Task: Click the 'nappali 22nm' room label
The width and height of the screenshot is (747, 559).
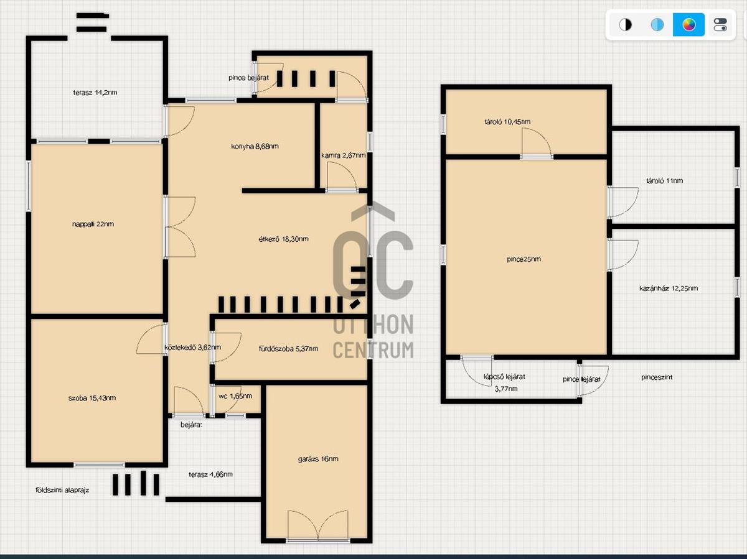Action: (93, 224)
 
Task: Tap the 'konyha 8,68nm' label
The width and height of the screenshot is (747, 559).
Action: (255, 147)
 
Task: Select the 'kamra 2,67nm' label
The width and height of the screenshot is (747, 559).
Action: (344, 155)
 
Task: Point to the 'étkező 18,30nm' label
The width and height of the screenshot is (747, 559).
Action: (283, 239)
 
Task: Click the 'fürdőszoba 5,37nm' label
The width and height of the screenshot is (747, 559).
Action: (289, 349)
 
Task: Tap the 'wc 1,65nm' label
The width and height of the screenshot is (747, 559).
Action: (235, 396)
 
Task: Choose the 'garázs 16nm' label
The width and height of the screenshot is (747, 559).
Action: (318, 459)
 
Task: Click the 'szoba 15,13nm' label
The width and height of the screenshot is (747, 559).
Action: (92, 398)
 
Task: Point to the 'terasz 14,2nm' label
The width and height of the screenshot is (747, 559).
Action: (95, 93)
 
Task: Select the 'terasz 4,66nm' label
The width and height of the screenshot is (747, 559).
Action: (210, 474)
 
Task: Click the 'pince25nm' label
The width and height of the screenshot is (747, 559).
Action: (524, 259)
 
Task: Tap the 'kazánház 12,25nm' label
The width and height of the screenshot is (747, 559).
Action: (669, 289)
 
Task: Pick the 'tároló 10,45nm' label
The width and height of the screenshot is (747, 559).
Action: (507, 122)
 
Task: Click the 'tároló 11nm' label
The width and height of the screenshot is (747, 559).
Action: (664, 181)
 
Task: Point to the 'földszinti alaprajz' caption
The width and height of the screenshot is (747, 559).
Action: (62, 490)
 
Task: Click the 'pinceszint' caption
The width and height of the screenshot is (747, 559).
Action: (657, 377)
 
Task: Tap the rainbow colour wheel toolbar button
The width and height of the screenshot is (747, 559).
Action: (688, 24)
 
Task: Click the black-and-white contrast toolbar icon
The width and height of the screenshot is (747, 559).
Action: (625, 24)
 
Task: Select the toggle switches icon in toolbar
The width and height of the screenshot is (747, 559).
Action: (720, 24)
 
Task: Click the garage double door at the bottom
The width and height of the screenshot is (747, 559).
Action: (318, 525)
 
